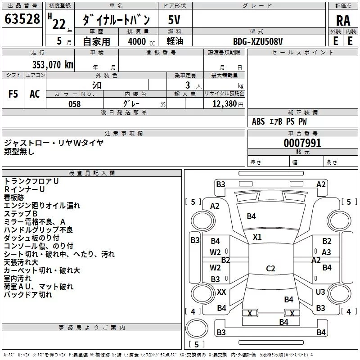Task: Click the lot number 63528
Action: tap(22, 19)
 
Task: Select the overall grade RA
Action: tap(343, 21)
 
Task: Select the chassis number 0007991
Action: tap(302, 143)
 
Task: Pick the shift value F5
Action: tap(13, 94)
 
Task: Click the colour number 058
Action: tap(75, 104)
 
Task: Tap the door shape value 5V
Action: tap(174, 20)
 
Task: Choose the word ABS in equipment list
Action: tap(259, 121)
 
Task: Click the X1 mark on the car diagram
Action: tap(257, 237)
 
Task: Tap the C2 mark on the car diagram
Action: tap(270, 269)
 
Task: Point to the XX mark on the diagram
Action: tap(221, 292)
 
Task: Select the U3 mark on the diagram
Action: tap(320, 292)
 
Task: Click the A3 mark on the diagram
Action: tap(326, 252)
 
